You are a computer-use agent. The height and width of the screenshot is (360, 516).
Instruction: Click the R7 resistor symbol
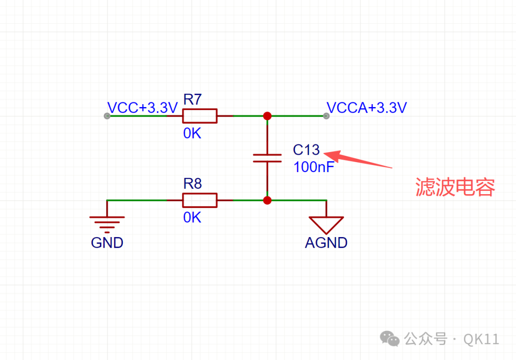(200, 116)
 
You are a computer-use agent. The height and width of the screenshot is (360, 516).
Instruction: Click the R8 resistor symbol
(200, 200)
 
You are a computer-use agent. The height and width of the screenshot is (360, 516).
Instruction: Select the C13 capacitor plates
(267, 158)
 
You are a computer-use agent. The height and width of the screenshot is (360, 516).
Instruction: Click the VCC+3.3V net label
(142, 108)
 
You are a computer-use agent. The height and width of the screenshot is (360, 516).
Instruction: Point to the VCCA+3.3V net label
(366, 108)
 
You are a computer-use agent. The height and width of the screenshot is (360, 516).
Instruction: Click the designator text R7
(193, 99)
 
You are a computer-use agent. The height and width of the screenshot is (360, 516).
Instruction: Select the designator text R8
(193, 184)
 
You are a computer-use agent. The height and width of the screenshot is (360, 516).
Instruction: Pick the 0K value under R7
(192, 133)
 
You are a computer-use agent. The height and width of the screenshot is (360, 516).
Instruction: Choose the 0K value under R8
(192, 218)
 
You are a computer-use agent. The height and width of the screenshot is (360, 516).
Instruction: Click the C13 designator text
(306, 150)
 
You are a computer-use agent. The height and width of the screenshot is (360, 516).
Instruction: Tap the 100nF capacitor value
(314, 167)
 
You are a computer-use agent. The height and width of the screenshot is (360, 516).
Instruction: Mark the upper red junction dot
(267, 116)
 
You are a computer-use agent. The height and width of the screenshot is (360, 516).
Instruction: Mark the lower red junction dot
(267, 200)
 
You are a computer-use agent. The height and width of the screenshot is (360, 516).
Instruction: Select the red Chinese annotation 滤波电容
(455, 187)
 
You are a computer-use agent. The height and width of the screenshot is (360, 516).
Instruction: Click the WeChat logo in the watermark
(390, 338)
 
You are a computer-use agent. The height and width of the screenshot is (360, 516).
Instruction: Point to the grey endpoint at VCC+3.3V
(107, 116)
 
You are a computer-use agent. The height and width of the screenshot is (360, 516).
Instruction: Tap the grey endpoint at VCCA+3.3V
(326, 116)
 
